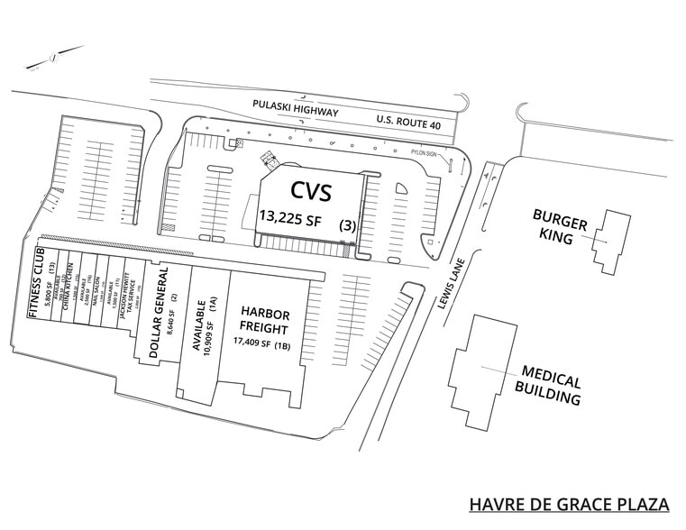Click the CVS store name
click(x=311, y=191)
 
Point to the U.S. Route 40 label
click(x=408, y=121)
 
